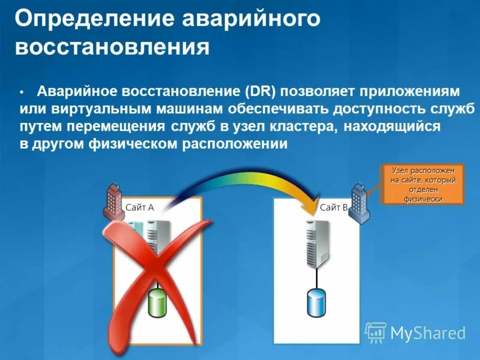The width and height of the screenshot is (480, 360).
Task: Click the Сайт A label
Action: coord(140,208)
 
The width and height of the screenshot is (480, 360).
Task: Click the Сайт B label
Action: coord(334,208)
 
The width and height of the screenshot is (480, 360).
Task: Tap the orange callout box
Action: coord(423,184)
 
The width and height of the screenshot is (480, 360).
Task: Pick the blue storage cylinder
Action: coord(316,303)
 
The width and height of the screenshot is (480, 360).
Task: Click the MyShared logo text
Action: coord(427,332)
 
